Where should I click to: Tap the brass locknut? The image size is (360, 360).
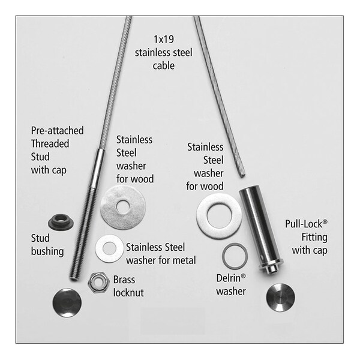98,283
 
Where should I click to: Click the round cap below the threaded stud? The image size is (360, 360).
67,302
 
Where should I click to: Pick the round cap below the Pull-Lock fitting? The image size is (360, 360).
281,298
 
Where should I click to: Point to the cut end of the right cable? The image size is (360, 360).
242,176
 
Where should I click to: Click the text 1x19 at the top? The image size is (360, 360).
164,39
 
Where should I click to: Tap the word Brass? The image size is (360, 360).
124,280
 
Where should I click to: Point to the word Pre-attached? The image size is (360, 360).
58,131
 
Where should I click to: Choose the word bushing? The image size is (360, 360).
47,251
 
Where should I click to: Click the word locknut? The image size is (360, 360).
128,293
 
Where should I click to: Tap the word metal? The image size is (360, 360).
185,260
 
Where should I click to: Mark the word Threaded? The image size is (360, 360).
50,144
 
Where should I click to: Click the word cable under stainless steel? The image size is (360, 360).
163,65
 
